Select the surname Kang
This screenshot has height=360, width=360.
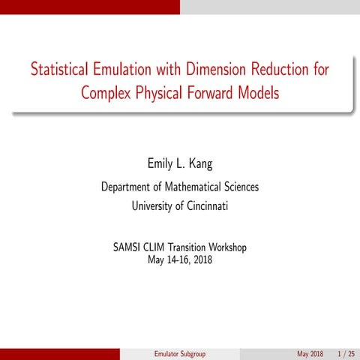click(200, 164)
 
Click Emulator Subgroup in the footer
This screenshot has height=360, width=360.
click(179, 353)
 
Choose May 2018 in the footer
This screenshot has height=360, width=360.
click(310, 353)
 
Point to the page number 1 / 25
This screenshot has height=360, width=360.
click(345, 353)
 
